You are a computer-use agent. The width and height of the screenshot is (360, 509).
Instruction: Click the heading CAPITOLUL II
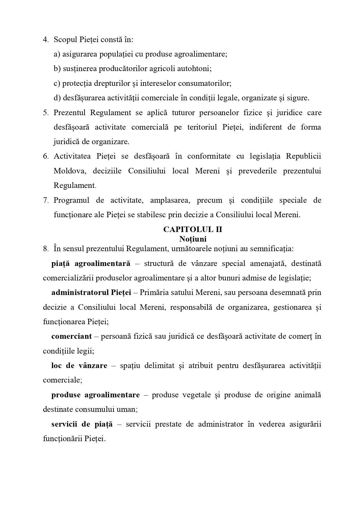point(193,229)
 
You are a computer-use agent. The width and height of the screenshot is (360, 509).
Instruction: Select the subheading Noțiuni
point(193,239)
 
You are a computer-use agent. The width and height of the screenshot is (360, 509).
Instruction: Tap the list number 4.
point(46,40)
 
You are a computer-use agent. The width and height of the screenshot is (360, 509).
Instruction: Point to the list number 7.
point(46,200)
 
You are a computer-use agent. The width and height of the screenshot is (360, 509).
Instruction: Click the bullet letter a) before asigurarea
point(57,54)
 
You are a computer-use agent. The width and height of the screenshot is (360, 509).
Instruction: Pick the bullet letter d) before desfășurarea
point(57,98)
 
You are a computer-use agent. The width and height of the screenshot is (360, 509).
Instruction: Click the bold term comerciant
point(71,336)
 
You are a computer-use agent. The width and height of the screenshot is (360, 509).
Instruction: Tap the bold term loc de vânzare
point(79,365)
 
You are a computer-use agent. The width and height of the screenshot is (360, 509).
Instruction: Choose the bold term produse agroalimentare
point(95,395)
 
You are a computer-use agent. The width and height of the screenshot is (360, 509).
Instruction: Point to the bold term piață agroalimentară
point(91,264)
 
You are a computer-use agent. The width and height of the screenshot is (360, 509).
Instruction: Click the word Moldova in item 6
point(70,171)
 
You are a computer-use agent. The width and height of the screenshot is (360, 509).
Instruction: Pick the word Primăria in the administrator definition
point(154,292)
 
